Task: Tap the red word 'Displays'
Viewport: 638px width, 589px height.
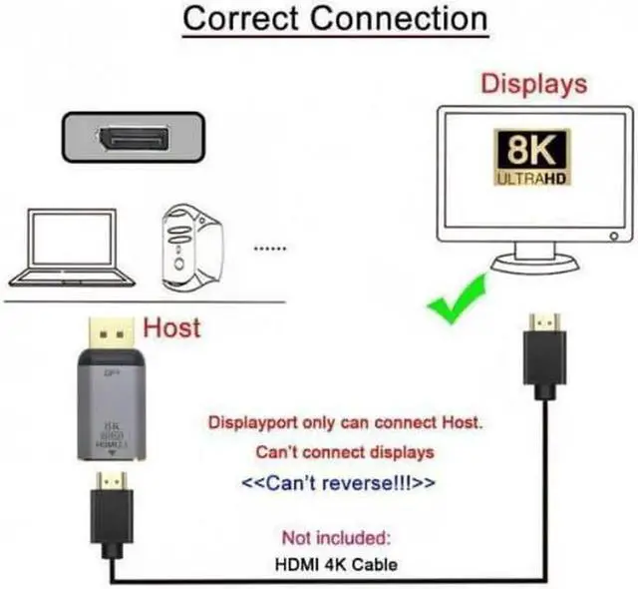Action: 534,84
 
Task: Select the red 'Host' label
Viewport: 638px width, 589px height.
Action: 172,326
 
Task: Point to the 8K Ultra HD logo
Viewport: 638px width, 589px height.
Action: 532,158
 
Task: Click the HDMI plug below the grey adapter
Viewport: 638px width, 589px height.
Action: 111,509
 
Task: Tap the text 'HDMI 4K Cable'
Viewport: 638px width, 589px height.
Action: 336,564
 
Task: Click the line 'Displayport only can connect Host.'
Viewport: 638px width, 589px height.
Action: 345,422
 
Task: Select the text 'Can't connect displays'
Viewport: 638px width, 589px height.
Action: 345,452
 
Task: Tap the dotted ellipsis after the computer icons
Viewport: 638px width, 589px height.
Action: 272,248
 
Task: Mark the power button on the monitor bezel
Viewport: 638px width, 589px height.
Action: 611,237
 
